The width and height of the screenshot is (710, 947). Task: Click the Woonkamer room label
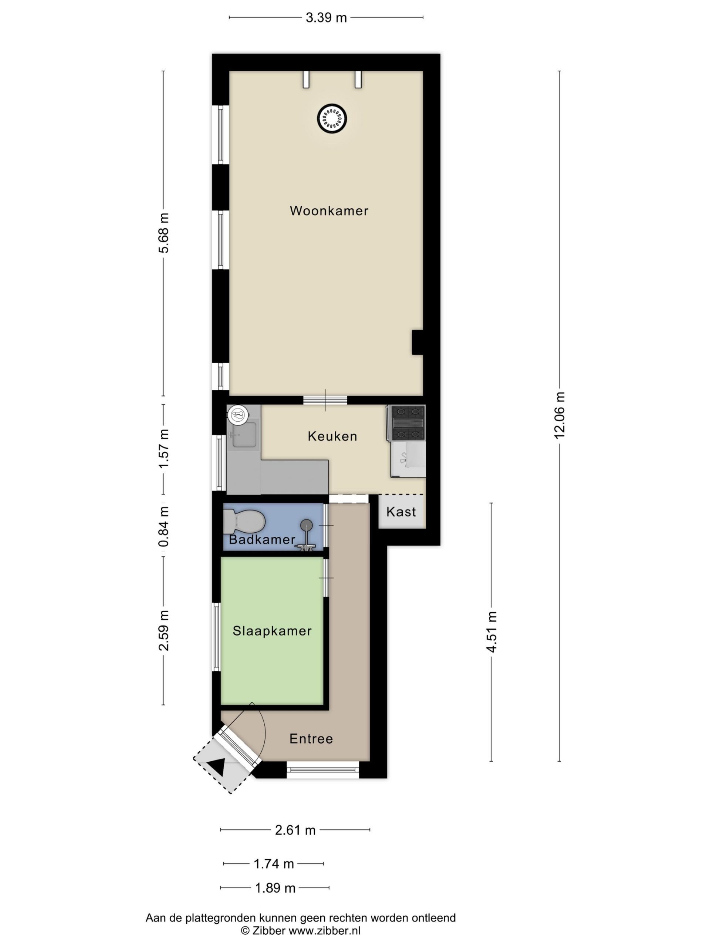329,210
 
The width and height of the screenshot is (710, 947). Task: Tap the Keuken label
332,436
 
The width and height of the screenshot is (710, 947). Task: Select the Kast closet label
401,512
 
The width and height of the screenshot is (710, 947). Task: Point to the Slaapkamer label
272,631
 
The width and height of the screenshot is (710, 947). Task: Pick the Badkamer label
262,539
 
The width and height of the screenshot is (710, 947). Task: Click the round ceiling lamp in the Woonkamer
332,118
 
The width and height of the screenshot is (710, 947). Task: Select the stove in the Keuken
406,423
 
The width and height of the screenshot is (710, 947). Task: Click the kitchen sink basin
244,435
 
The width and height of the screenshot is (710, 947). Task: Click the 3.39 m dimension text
326,17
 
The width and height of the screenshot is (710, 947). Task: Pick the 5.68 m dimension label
163,233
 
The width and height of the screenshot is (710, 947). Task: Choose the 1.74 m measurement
274,864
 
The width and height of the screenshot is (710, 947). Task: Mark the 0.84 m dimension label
163,527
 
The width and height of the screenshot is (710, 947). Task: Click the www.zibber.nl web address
324,930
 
